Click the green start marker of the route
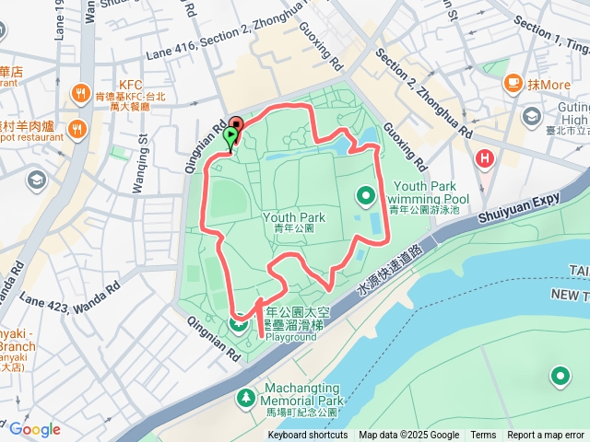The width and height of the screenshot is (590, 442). pos(230,138)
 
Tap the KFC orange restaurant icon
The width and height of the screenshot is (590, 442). pos(80,93)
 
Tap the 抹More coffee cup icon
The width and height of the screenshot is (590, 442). pos(513,84)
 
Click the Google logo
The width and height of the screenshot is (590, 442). pos(35,429)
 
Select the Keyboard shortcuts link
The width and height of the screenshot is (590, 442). pos(308,436)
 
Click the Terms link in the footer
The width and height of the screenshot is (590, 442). pos(483,436)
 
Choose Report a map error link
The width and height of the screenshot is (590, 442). pos(547,436)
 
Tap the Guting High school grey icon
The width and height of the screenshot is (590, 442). pos(533,116)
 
